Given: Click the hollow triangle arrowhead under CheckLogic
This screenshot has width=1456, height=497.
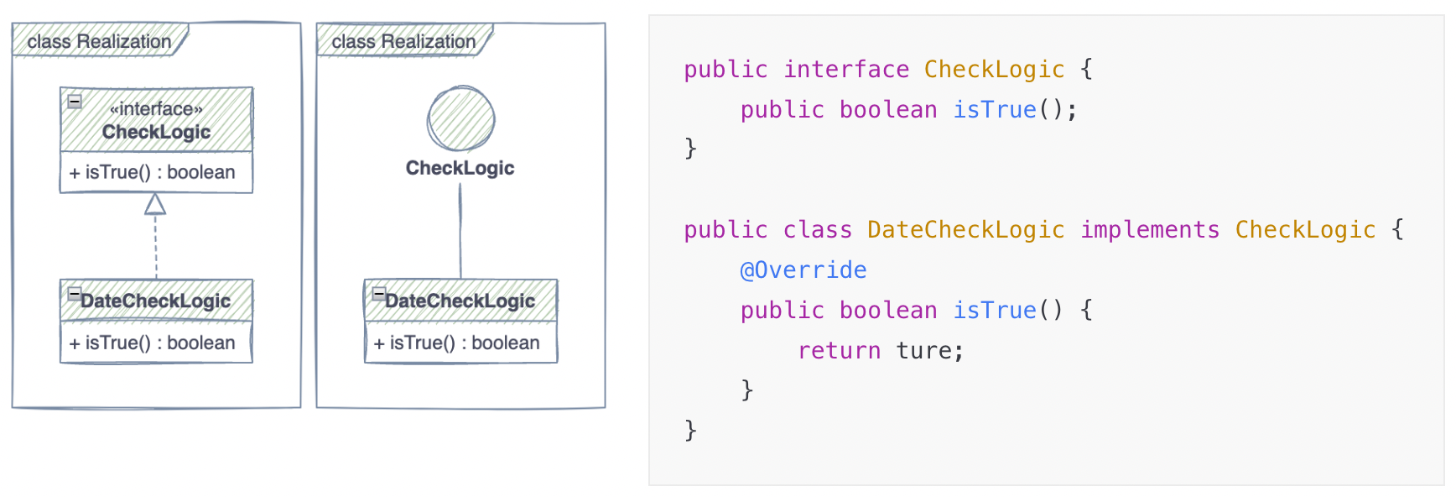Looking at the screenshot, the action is pyautogui.click(x=155, y=205).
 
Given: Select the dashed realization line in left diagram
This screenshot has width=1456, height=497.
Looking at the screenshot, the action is pyautogui.click(x=156, y=248).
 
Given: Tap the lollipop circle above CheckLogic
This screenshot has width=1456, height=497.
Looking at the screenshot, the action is pyautogui.click(x=460, y=119).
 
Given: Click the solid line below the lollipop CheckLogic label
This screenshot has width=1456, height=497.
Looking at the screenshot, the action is pyautogui.click(x=460, y=231).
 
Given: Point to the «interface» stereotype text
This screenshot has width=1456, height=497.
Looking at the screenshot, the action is pyautogui.click(x=156, y=109).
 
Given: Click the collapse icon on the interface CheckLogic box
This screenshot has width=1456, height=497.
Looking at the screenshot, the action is pyautogui.click(x=75, y=102).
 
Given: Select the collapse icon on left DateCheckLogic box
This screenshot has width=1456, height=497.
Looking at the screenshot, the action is pyautogui.click(x=75, y=294).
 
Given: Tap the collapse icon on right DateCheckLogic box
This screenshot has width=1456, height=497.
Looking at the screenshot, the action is pyautogui.click(x=379, y=294).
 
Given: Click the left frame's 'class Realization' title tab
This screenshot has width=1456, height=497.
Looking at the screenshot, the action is pyautogui.click(x=99, y=41).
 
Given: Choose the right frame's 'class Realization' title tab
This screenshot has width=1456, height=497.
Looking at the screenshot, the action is pyautogui.click(x=403, y=41).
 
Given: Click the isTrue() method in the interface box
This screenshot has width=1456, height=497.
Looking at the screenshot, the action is pyautogui.click(x=152, y=173).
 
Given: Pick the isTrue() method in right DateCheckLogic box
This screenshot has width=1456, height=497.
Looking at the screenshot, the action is pyautogui.click(x=456, y=343).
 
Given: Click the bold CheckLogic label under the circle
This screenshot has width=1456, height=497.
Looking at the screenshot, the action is pyautogui.click(x=460, y=168).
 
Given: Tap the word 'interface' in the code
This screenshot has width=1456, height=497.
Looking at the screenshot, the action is pyautogui.click(x=845, y=70).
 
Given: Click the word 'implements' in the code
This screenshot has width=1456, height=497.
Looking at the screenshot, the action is pyautogui.click(x=1150, y=230).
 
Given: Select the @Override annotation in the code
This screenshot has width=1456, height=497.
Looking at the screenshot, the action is pyautogui.click(x=803, y=270).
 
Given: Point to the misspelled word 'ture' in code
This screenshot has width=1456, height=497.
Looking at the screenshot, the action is pyautogui.click(x=923, y=351).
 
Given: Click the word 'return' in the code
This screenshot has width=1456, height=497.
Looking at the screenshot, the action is pyautogui.click(x=839, y=351).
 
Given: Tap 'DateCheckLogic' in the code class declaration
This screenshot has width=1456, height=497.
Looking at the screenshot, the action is pyautogui.click(x=965, y=230).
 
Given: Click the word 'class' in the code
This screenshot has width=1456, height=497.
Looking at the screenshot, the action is pyautogui.click(x=817, y=230).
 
